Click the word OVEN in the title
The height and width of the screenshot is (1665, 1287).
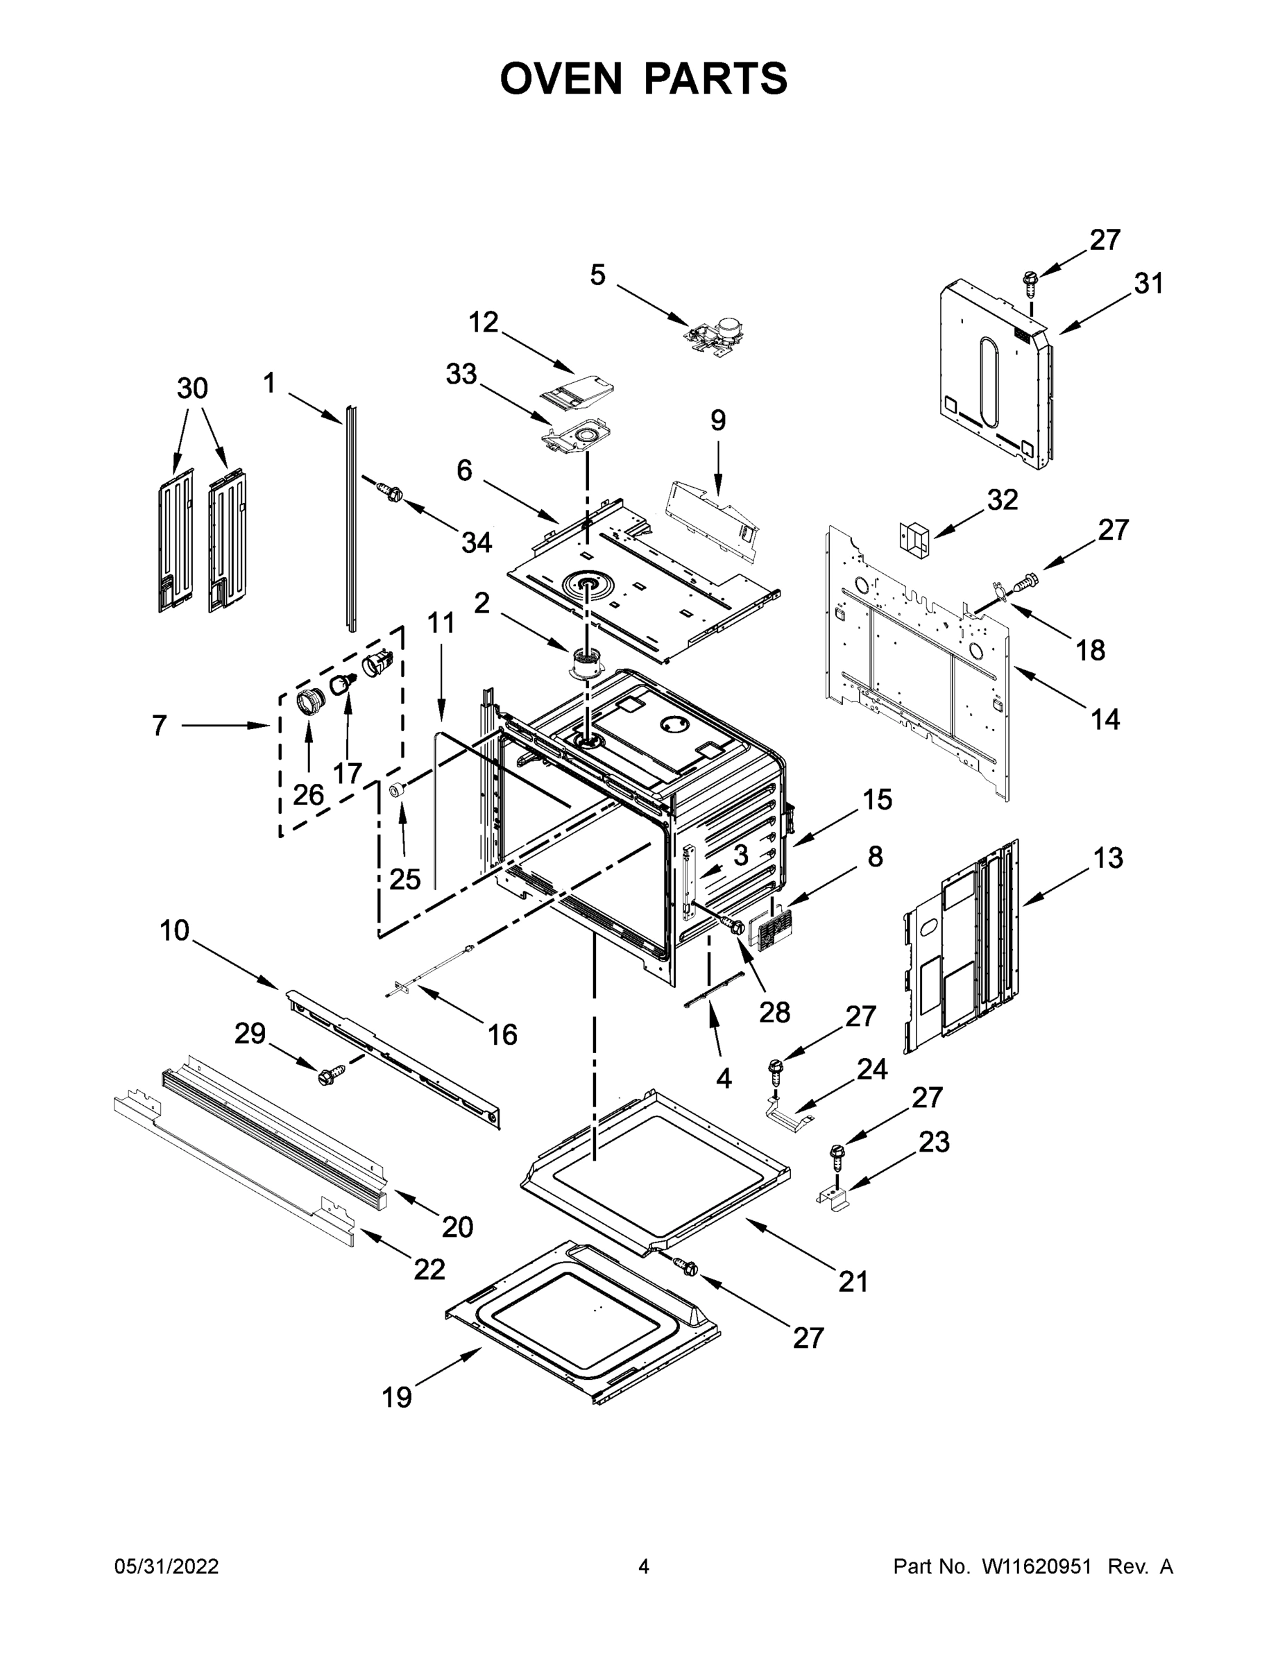click(561, 78)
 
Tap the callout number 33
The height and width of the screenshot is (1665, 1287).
click(461, 375)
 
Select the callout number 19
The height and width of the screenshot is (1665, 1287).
click(396, 1397)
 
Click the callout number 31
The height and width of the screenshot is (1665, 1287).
click(1148, 284)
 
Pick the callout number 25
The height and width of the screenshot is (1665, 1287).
click(405, 879)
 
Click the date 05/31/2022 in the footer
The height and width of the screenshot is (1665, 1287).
click(167, 1566)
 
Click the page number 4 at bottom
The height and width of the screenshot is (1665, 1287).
click(642, 1566)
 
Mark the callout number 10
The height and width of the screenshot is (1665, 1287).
click(174, 930)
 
